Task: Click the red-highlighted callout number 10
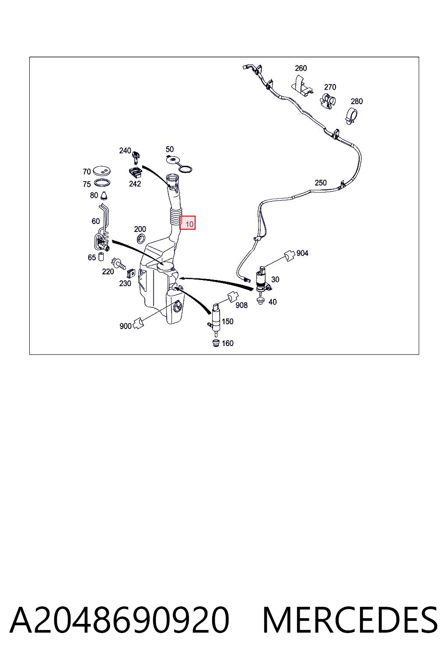click(189, 224)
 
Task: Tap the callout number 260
click(301, 68)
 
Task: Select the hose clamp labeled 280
click(351, 117)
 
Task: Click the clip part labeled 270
click(327, 101)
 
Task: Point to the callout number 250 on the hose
click(321, 183)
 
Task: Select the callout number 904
click(302, 253)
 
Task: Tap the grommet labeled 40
click(261, 301)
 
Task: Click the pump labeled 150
click(215, 320)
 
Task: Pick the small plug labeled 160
click(216, 343)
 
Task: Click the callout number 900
click(126, 326)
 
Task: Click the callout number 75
click(87, 184)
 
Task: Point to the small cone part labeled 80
click(105, 196)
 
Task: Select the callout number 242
click(135, 184)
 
